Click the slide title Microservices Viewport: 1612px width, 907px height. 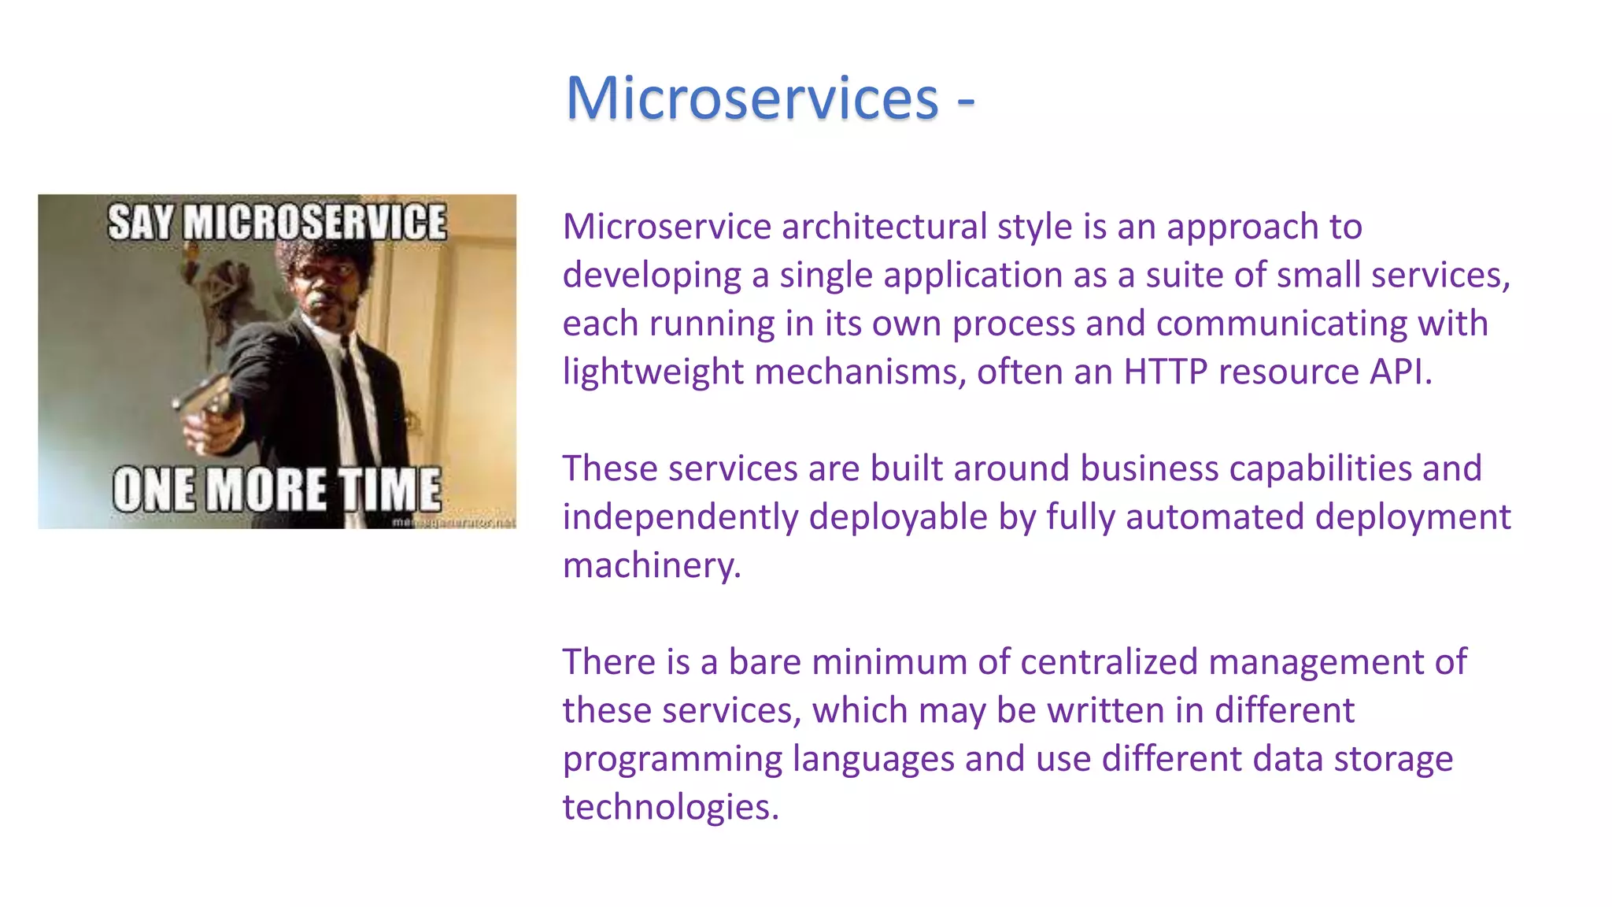coord(752,98)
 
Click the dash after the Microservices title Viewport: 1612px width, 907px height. coord(966,101)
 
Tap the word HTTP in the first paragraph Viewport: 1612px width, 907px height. coord(1165,372)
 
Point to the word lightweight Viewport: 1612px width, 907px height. coord(653,372)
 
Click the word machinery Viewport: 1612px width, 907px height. coord(651,565)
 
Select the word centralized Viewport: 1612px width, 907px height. coord(1109,662)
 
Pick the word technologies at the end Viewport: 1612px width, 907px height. coord(670,807)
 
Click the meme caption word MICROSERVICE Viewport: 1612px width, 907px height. coord(315,222)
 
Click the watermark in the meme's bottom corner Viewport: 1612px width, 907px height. coord(453,522)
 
